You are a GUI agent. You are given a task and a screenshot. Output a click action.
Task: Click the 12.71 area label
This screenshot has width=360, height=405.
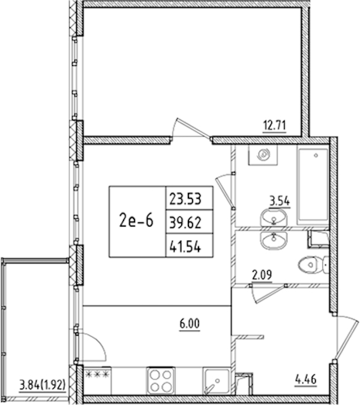[274, 125]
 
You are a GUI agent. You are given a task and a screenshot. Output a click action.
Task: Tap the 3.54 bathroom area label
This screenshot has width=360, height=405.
[280, 200]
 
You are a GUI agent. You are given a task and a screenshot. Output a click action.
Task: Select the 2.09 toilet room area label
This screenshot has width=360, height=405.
[262, 275]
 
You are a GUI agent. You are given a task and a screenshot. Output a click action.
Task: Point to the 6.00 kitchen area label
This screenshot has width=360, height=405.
[190, 323]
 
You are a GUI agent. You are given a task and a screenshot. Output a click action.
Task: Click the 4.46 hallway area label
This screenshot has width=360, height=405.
[306, 380]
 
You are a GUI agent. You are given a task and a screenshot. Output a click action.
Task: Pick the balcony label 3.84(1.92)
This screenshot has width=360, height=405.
[43, 385]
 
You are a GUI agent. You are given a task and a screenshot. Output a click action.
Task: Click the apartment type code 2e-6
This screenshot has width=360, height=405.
[136, 221]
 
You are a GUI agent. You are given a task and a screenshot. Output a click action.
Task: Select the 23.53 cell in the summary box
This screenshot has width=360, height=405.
[185, 199]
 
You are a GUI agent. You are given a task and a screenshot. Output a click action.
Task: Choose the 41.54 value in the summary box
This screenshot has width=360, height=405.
[185, 247]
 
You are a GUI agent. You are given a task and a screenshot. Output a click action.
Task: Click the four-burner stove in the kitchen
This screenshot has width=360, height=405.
[161, 381]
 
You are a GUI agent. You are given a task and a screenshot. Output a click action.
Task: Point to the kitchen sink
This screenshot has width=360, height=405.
[217, 381]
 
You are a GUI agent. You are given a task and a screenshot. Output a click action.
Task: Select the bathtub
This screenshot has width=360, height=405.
[313, 185]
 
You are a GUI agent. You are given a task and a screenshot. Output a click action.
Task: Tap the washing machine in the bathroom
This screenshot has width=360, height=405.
[263, 155]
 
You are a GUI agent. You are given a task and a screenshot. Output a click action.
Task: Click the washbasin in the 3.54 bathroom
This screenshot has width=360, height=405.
[274, 218]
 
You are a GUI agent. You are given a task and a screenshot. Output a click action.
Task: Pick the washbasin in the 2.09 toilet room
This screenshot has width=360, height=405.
[274, 241]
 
